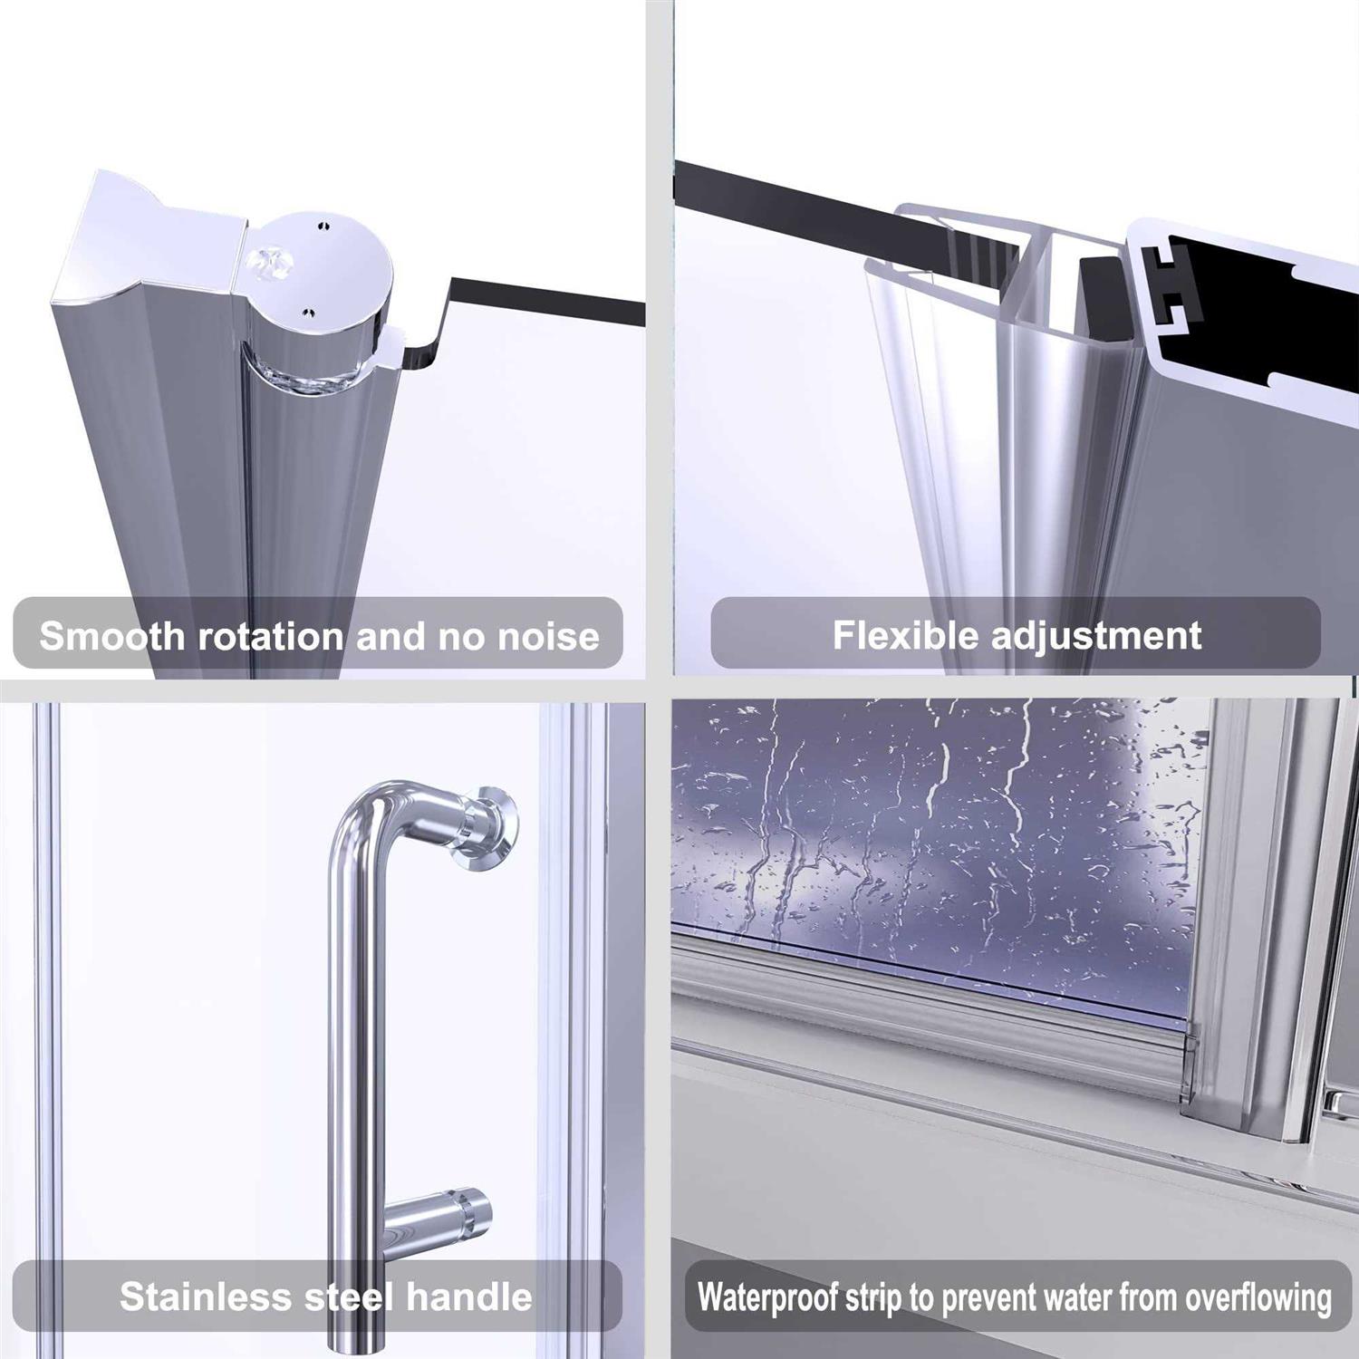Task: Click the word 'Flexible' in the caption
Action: (x=906, y=635)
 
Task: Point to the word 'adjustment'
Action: (x=1095, y=635)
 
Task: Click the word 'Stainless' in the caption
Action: (x=204, y=1296)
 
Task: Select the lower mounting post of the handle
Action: (x=444, y=1219)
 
